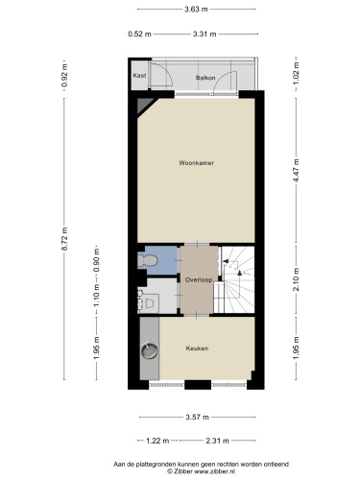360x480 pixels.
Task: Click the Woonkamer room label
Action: pyautogui.click(x=197, y=163)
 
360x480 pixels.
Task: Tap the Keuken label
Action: pyautogui.click(x=197, y=348)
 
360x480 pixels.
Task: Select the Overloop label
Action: pyautogui.click(x=199, y=279)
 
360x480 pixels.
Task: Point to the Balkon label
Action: pyautogui.click(x=205, y=78)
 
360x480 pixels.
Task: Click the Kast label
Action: pyautogui.click(x=139, y=76)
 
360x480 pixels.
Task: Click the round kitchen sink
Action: pyautogui.click(x=150, y=351)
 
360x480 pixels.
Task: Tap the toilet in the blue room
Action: pyautogui.click(x=147, y=260)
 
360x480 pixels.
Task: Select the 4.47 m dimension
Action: pyautogui.click(x=296, y=171)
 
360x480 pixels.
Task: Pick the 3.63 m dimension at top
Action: pyautogui.click(x=196, y=10)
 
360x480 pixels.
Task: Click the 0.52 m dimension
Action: pyautogui.click(x=139, y=34)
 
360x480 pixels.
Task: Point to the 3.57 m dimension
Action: pyautogui.click(x=198, y=417)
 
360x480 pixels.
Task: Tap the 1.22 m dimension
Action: pyautogui.click(x=157, y=441)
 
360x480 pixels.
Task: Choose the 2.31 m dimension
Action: pyautogui.click(x=217, y=441)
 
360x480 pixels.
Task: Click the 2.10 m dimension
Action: pyautogui.click(x=296, y=279)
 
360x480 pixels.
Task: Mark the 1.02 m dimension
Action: pyautogui.click(x=296, y=74)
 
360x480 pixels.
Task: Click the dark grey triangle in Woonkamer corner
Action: pyautogui.click(x=144, y=105)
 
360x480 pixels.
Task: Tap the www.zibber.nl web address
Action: pyautogui.click(x=215, y=471)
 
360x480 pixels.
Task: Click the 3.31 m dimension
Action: pyautogui.click(x=204, y=34)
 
